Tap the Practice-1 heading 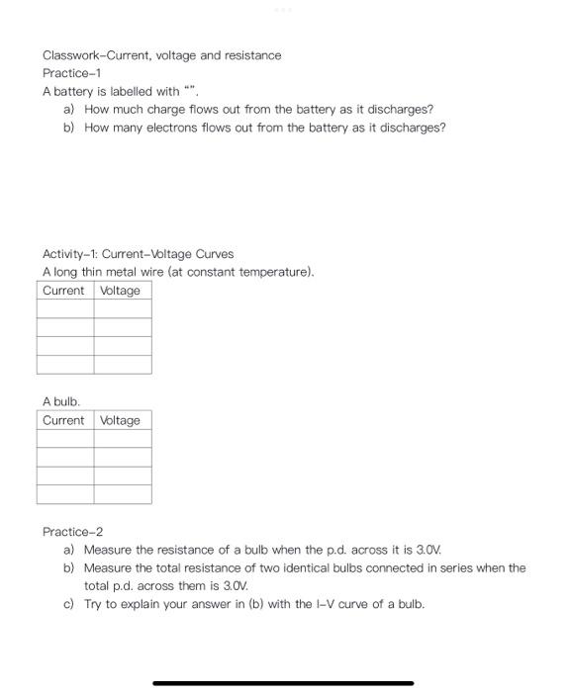[x=70, y=73]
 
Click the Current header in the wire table [x=64, y=291]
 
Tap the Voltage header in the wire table [x=121, y=291]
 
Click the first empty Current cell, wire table [x=65, y=308]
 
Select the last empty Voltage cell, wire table [x=123, y=364]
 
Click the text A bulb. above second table [x=60, y=401]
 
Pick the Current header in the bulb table [x=64, y=420]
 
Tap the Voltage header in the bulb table [x=121, y=420]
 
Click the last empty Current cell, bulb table [x=65, y=493]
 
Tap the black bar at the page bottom [x=283, y=682]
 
